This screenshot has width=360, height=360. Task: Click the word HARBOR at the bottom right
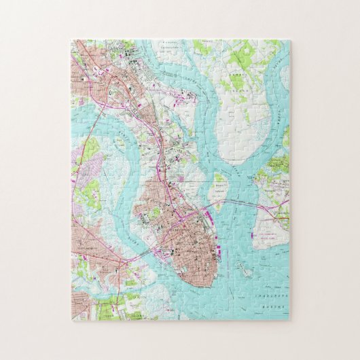tap(272, 304)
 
